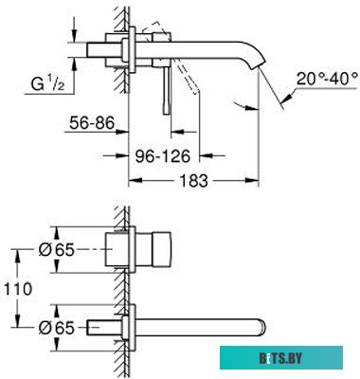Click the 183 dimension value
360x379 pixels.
(x=194, y=180)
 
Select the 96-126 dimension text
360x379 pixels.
(x=163, y=155)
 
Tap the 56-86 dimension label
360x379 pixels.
(x=92, y=122)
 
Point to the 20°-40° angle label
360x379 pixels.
(x=327, y=79)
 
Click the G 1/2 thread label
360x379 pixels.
(x=47, y=84)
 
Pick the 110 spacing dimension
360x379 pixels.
(x=18, y=289)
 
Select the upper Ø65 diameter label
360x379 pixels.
(x=57, y=250)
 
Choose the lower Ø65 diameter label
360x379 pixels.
(x=57, y=328)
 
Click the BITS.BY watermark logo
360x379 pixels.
(x=281, y=358)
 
